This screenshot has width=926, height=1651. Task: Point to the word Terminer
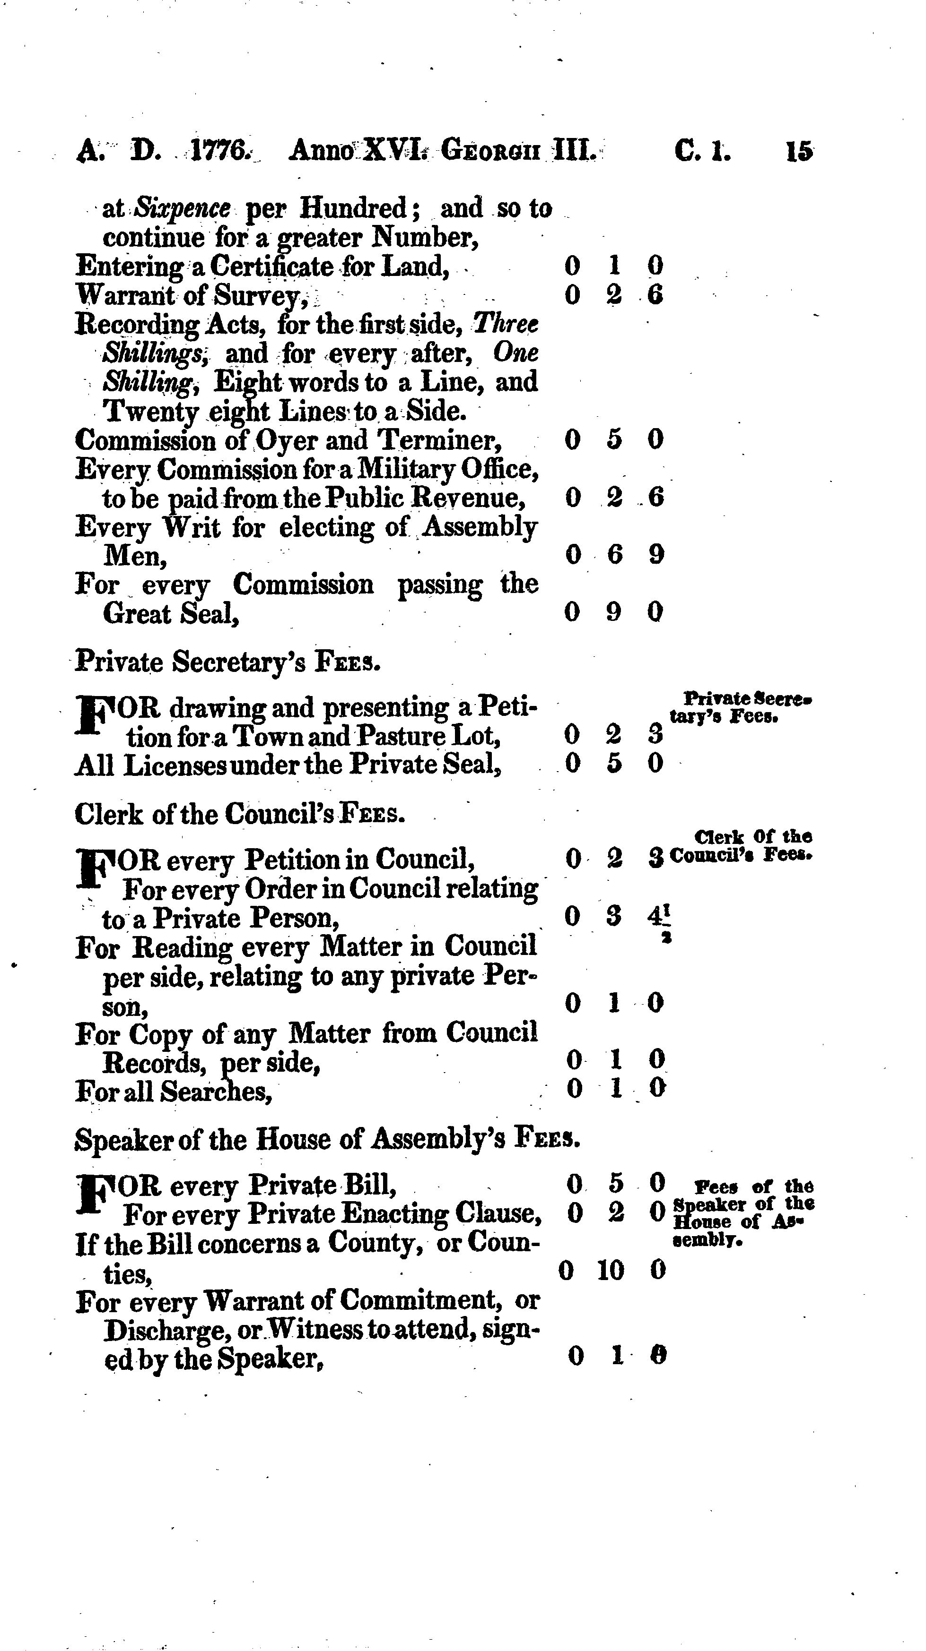point(438,440)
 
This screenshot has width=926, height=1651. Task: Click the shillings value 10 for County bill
point(611,1270)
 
